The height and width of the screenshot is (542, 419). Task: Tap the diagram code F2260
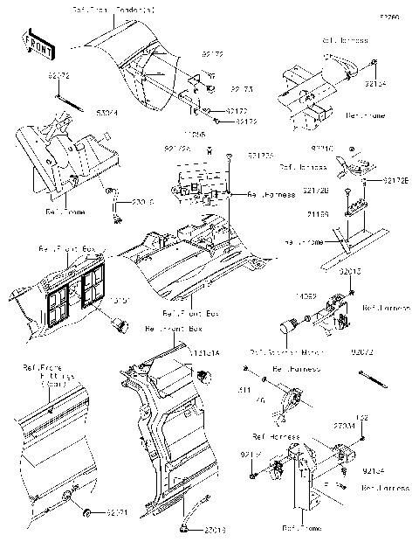click(x=388, y=17)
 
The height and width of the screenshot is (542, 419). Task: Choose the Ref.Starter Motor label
click(x=280, y=352)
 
